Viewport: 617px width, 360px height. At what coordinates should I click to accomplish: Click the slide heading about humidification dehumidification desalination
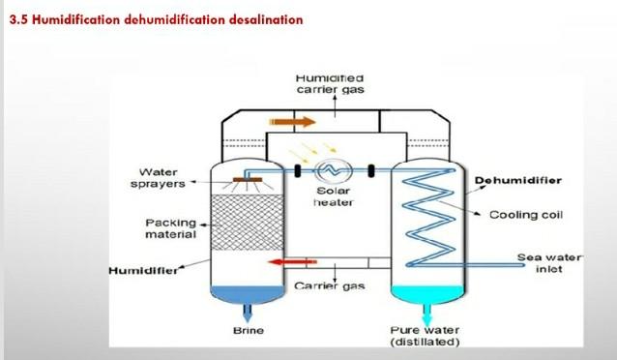click(157, 19)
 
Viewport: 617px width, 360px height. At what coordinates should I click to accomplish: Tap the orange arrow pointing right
click(292, 122)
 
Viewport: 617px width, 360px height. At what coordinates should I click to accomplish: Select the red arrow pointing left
click(292, 262)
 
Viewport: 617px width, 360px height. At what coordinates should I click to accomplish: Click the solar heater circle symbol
click(333, 170)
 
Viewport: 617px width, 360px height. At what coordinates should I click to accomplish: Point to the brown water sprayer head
click(248, 180)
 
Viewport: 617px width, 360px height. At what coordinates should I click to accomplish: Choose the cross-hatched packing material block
click(248, 223)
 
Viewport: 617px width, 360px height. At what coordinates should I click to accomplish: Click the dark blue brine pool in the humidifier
click(248, 294)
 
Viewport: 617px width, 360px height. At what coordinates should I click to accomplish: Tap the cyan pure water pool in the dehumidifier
click(427, 294)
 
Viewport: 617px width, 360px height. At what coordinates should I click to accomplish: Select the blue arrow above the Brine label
click(248, 314)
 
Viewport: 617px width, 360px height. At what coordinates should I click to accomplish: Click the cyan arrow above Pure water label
click(427, 314)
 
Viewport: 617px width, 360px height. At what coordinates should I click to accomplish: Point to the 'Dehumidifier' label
click(517, 180)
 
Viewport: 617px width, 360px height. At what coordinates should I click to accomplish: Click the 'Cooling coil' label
click(526, 215)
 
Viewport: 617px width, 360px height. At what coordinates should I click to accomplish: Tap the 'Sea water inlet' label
click(549, 263)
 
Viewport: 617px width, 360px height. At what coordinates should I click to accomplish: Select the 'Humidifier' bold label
click(143, 271)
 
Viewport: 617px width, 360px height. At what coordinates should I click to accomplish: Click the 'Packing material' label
click(171, 228)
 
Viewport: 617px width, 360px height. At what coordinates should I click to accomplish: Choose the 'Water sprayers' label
click(158, 178)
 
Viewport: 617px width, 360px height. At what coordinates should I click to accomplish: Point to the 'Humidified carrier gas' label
click(330, 84)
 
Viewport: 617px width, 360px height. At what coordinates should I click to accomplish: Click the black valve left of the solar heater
click(298, 171)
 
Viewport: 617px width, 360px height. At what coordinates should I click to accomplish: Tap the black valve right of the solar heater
click(370, 171)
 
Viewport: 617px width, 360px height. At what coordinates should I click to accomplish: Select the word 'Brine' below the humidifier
click(249, 330)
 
